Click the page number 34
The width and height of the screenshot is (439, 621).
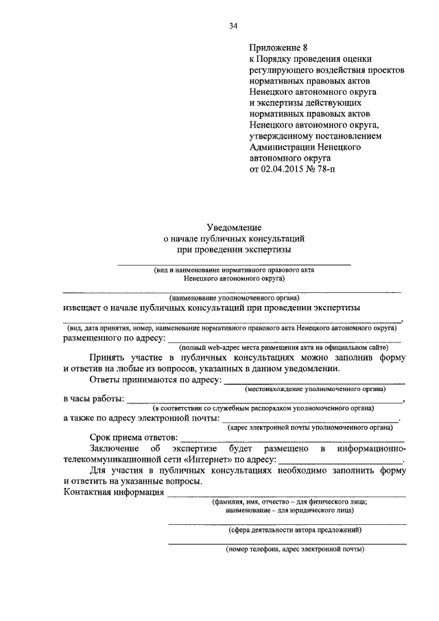233,26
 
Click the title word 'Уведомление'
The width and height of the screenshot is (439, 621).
233,226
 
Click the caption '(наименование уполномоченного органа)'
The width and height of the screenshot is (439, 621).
233,298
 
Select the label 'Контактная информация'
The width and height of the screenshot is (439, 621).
113,492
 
